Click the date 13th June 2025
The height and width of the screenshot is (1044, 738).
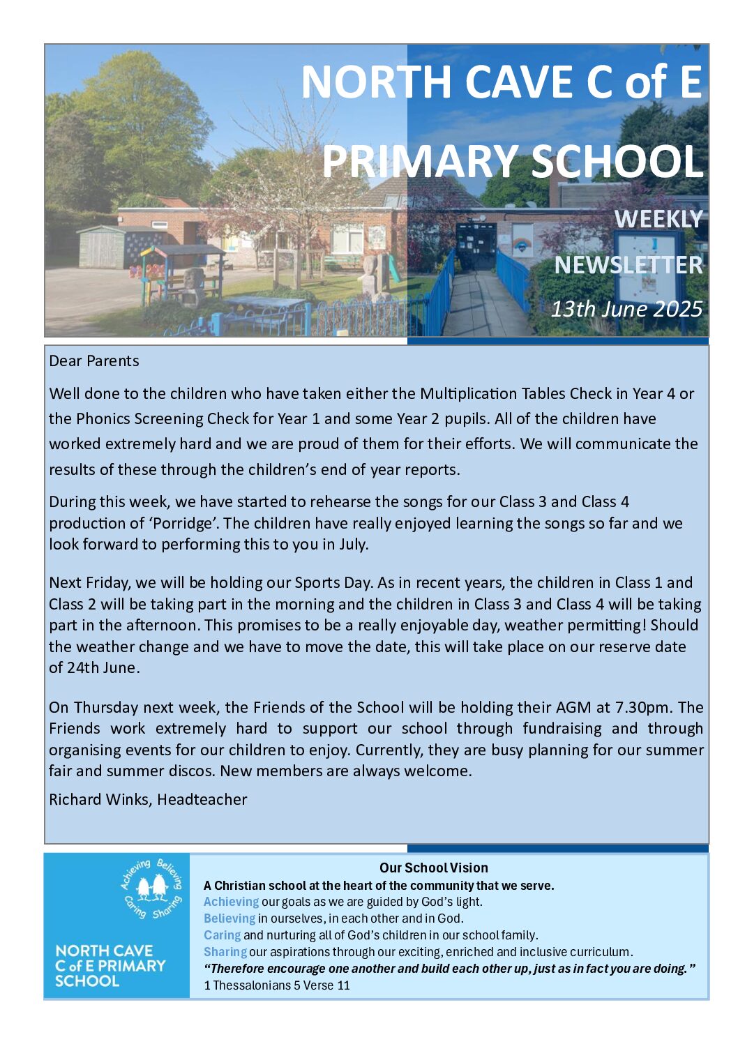click(626, 308)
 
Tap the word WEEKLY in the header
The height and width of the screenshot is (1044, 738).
click(658, 219)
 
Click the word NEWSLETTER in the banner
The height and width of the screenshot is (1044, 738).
click(628, 265)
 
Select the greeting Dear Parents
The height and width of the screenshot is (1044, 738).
click(94, 361)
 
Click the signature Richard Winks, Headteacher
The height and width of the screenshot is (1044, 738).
click(148, 799)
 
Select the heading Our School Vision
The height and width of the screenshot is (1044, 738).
click(433, 868)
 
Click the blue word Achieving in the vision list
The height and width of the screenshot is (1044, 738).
click(231, 902)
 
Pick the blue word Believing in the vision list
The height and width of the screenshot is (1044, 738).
click(229, 918)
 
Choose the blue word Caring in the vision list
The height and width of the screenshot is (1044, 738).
click(222, 935)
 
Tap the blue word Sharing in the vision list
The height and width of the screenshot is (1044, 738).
click(225, 952)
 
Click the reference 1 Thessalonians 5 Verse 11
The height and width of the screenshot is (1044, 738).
click(277, 985)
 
